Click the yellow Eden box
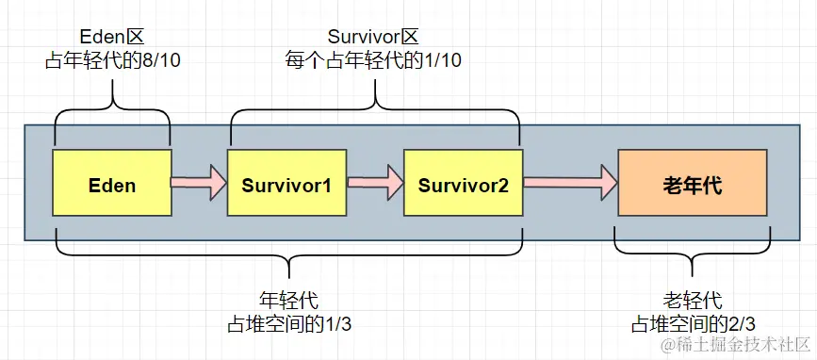tap(112, 185)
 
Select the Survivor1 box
tap(286, 185)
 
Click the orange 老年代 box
tap(693, 185)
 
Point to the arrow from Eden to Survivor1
tap(199, 180)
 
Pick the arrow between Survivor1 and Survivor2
tap(374, 180)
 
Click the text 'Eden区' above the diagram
tap(112, 38)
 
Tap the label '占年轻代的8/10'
tap(112, 61)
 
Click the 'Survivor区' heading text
tap(373, 38)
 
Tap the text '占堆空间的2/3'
tap(692, 324)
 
